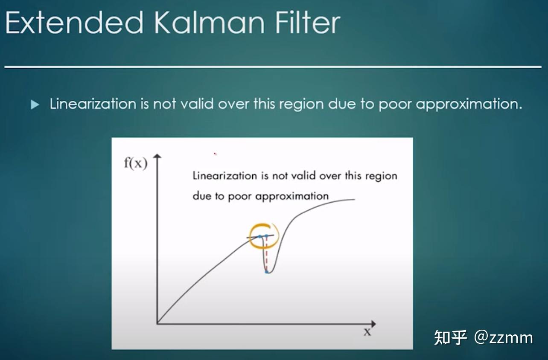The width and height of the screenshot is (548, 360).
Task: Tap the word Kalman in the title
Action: (x=209, y=23)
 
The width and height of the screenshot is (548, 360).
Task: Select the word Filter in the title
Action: (x=308, y=23)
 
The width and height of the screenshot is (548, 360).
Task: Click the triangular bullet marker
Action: (x=35, y=105)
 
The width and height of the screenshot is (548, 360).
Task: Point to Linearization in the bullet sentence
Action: (x=93, y=104)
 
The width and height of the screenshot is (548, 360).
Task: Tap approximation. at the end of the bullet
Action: (x=469, y=105)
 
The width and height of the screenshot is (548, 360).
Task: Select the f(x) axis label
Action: (x=136, y=163)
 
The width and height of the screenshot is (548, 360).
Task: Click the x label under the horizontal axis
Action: (x=367, y=332)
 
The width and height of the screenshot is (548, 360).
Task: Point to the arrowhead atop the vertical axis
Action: (x=157, y=157)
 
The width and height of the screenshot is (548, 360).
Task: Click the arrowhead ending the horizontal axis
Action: (x=373, y=324)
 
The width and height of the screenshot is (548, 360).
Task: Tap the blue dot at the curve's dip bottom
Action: (x=267, y=272)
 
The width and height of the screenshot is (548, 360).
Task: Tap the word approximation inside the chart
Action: (x=292, y=196)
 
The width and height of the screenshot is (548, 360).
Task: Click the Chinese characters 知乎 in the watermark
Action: (x=450, y=337)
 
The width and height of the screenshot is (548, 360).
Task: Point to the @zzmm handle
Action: (x=504, y=338)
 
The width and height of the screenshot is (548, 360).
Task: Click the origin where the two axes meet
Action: (x=157, y=324)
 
